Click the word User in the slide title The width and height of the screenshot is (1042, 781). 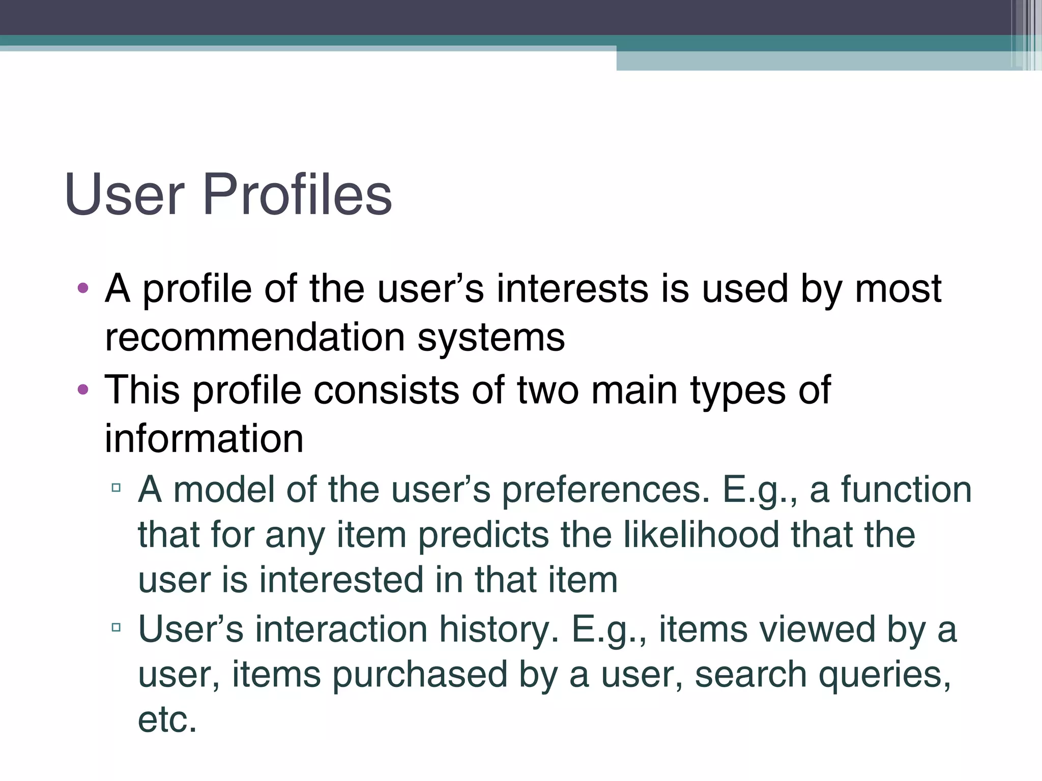point(124,195)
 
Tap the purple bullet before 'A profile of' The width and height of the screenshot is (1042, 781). point(83,289)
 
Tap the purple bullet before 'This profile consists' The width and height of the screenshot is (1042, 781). point(83,390)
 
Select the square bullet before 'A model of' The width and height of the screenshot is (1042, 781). point(116,488)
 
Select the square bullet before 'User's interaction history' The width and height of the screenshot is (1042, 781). point(116,627)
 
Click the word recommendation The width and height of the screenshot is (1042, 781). point(255,338)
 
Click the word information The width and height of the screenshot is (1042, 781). point(204,438)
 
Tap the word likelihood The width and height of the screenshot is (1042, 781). point(702,535)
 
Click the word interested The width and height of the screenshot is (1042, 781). point(341,580)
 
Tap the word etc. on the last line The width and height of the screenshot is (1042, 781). point(167,720)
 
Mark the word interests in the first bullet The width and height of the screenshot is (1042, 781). point(572,289)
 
